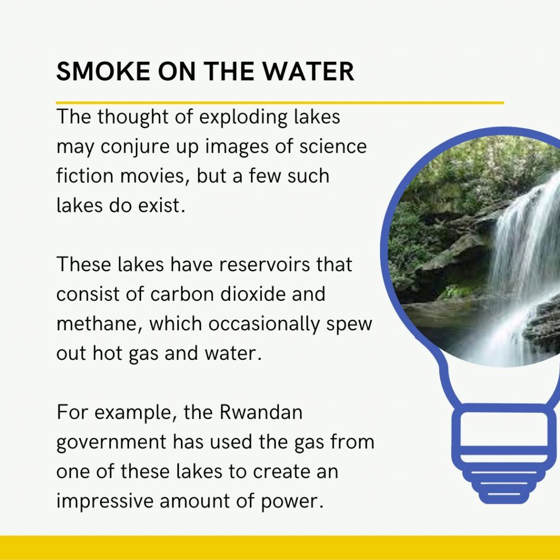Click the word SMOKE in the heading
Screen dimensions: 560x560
[103, 71]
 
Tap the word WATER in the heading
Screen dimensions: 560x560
[308, 71]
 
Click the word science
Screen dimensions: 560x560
[333, 147]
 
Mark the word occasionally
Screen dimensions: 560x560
[264, 325]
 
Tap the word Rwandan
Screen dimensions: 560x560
[261, 412]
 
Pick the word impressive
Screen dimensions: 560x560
[104, 501]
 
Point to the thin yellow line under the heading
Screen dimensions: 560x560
[280, 103]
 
